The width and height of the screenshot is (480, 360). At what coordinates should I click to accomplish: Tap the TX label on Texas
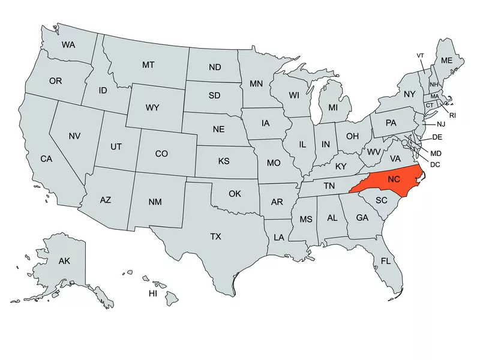pos(215,236)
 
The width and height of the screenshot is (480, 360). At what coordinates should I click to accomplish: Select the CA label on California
pos(46,159)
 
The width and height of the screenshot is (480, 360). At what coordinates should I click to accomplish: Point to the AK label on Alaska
pos(64,261)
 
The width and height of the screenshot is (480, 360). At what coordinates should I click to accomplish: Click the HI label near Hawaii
pos(153,293)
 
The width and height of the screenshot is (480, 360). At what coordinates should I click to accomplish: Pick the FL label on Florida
pos(386,261)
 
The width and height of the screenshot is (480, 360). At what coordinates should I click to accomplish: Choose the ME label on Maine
pos(446,61)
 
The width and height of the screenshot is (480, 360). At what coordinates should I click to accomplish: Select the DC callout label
pos(436,164)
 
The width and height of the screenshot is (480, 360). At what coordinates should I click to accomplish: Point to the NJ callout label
pos(441,124)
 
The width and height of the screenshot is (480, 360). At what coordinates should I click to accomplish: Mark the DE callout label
pos(437,137)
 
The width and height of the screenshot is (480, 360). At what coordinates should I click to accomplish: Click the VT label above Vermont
pos(421,56)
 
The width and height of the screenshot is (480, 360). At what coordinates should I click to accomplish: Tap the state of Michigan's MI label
pos(332,108)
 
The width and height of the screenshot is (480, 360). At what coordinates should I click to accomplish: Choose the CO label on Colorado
pos(161,154)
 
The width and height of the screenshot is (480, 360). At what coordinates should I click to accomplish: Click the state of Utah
pos(116,146)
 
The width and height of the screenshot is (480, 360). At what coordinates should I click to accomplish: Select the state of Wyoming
pos(152,108)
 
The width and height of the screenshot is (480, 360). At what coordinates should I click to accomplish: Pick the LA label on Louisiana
pos(279,238)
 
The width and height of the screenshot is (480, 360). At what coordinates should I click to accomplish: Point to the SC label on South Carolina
pos(382,200)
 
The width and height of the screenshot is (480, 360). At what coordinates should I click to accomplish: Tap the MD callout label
pos(436,154)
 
